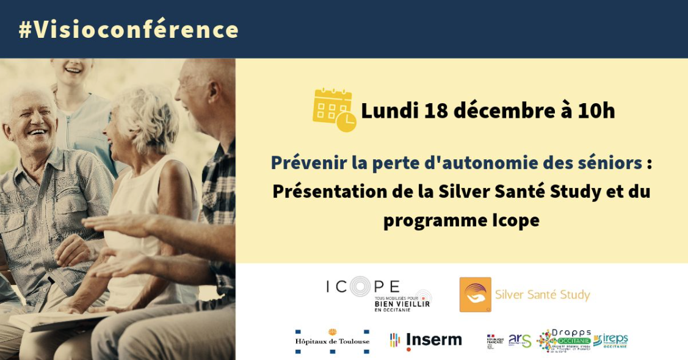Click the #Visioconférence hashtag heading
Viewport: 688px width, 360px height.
click(128, 29)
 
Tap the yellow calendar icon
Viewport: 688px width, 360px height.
click(333, 110)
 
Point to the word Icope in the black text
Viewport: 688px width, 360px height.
click(515, 220)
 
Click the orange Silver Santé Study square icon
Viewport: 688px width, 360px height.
click(475, 295)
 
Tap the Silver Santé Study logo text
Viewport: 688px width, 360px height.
click(542, 295)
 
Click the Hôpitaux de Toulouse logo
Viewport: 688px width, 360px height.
click(332, 340)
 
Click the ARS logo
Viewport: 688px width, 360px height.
click(520, 340)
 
